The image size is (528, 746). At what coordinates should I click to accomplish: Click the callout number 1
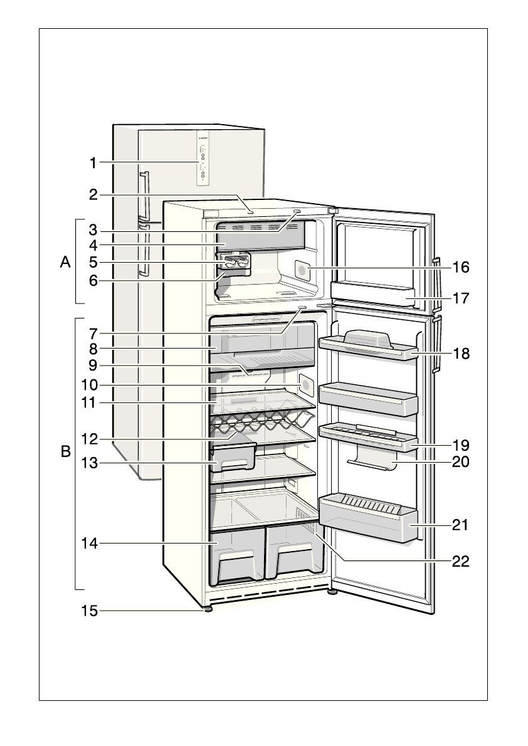click(x=92, y=163)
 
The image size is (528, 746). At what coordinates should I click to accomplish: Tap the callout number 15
click(x=90, y=610)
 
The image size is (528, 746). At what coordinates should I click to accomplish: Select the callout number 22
click(x=460, y=560)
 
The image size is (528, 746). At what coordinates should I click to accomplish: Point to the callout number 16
click(x=460, y=268)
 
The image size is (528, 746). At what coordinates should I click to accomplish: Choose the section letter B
click(x=65, y=451)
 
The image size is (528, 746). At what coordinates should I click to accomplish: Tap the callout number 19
click(x=460, y=445)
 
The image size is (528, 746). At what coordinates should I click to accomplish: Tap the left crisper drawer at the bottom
click(x=238, y=555)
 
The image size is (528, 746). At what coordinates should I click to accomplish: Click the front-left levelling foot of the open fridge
click(x=207, y=607)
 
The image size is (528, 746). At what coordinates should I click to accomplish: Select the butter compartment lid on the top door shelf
click(x=368, y=339)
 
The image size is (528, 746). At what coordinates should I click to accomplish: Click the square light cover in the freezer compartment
click(x=304, y=270)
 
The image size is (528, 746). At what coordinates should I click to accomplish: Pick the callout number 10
click(x=90, y=384)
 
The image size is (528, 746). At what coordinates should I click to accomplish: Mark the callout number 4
click(x=92, y=244)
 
